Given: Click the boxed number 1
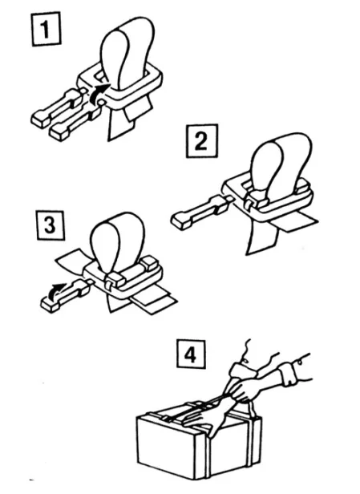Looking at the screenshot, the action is (x=46, y=29).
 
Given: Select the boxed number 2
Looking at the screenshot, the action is (x=202, y=141).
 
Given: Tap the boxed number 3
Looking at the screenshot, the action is (x=51, y=225).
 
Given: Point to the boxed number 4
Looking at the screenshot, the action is (x=191, y=354).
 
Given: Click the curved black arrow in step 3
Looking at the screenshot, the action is (x=57, y=290).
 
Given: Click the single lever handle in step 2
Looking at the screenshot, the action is (x=199, y=212).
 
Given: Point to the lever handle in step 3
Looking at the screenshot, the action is (x=65, y=295).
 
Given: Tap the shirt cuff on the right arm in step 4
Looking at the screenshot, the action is (x=288, y=375).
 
